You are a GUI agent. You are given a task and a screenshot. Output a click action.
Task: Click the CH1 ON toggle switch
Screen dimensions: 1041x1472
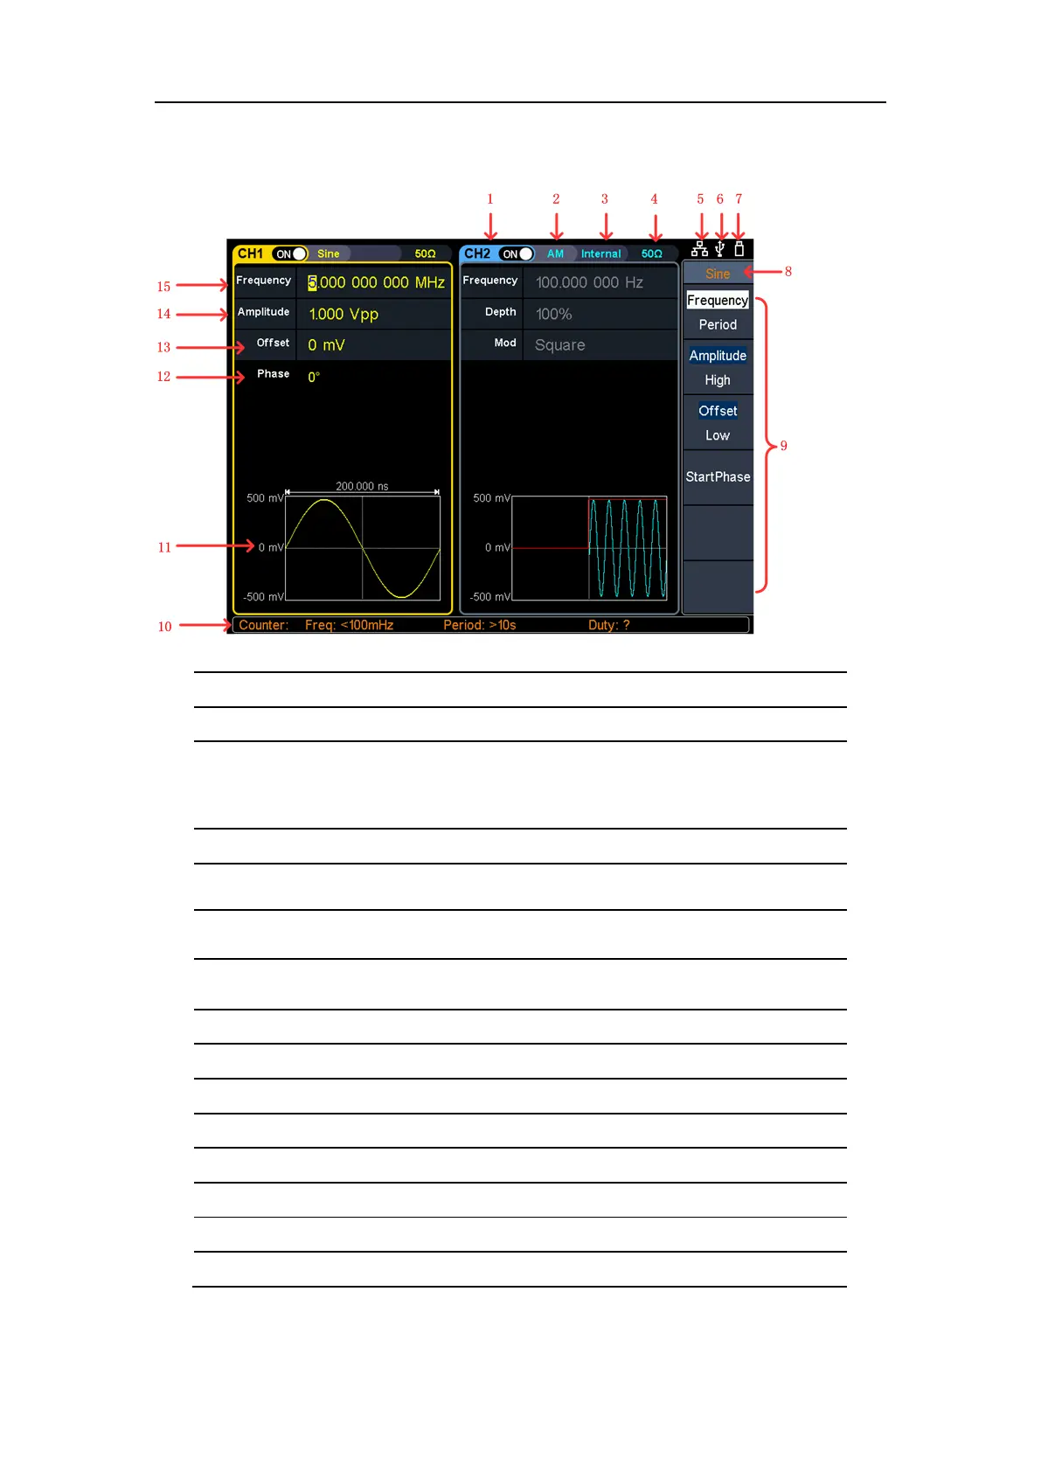click(290, 254)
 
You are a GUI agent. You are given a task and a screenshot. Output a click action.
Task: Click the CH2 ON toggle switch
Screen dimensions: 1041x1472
click(517, 254)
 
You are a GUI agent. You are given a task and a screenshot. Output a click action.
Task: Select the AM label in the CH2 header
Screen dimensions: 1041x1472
click(555, 254)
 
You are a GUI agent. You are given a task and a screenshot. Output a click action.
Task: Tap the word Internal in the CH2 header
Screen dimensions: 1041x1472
click(600, 254)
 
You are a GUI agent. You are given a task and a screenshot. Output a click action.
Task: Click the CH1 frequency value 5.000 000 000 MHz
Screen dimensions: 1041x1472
click(376, 283)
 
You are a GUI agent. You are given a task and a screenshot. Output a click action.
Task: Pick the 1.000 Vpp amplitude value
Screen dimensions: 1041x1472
click(344, 315)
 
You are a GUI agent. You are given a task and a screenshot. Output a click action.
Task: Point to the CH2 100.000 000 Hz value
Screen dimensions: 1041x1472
click(589, 283)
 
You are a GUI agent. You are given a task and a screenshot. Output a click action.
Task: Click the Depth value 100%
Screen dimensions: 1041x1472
click(553, 315)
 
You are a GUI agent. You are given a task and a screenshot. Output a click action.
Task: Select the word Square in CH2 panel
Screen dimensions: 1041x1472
click(559, 345)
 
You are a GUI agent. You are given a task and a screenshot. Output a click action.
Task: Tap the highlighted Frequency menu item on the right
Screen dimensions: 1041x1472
click(718, 301)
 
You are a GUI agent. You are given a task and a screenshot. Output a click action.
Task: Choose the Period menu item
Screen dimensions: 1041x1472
click(718, 325)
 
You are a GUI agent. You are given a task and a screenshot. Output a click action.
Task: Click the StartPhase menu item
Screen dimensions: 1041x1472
click(718, 477)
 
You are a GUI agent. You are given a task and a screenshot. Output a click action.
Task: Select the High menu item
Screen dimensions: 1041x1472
click(718, 380)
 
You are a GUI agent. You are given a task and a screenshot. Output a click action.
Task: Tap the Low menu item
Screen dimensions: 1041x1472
click(718, 435)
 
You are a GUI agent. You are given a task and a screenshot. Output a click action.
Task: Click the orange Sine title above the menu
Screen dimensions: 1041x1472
click(718, 274)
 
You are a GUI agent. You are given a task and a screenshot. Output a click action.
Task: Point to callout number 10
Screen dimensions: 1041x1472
click(164, 627)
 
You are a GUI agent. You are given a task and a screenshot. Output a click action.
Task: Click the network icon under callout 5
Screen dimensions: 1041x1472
click(700, 249)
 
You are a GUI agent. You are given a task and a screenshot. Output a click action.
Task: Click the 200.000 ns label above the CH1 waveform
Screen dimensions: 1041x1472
click(362, 486)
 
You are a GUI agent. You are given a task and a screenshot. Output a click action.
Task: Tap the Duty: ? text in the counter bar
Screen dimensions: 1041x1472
click(608, 625)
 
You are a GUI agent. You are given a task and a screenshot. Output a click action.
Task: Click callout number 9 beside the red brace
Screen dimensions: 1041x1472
click(783, 447)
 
